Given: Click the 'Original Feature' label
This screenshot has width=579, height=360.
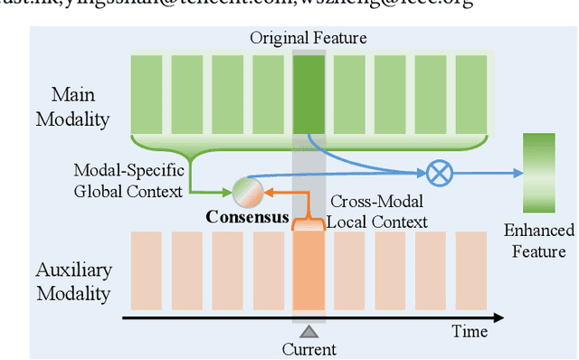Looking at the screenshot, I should click(308, 39).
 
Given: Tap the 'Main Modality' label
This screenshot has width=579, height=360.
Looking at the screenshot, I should click(80, 108).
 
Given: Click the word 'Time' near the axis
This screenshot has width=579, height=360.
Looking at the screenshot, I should click(470, 332).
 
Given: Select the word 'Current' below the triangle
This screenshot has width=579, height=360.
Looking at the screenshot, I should click(309, 349).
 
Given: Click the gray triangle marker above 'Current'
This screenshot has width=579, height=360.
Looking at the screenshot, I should click(309, 331).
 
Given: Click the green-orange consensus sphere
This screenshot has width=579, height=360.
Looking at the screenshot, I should click(248, 192).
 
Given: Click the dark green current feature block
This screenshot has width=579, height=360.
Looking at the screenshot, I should click(308, 92).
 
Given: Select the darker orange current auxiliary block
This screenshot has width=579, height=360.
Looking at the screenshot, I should click(308, 269).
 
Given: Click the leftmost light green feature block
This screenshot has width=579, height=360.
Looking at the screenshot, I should click(147, 92).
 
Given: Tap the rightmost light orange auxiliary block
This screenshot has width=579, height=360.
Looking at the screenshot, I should click(470, 269).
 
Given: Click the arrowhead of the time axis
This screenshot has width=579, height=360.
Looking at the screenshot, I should click(499, 317).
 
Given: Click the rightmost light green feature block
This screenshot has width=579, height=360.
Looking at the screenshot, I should click(470, 92).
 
